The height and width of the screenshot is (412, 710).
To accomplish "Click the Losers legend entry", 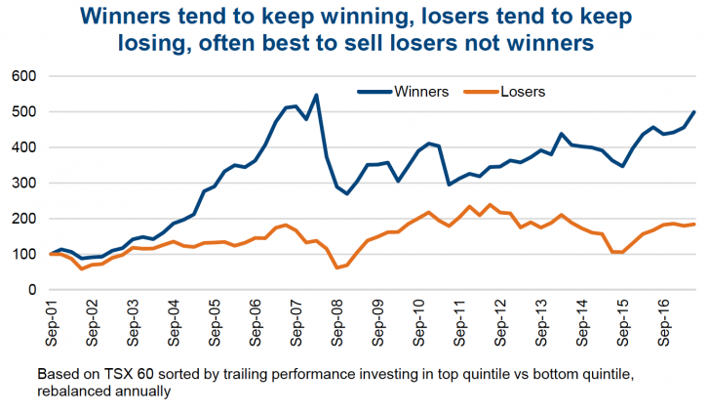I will [523, 92].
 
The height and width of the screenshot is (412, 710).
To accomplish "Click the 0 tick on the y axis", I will [30, 290].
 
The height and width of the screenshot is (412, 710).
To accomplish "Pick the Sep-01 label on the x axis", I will [52, 322].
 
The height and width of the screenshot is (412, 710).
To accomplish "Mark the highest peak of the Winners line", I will [316, 95].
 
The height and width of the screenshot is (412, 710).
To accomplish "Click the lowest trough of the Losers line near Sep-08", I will [336, 268].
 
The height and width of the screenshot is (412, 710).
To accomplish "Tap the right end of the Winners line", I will [693, 112].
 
